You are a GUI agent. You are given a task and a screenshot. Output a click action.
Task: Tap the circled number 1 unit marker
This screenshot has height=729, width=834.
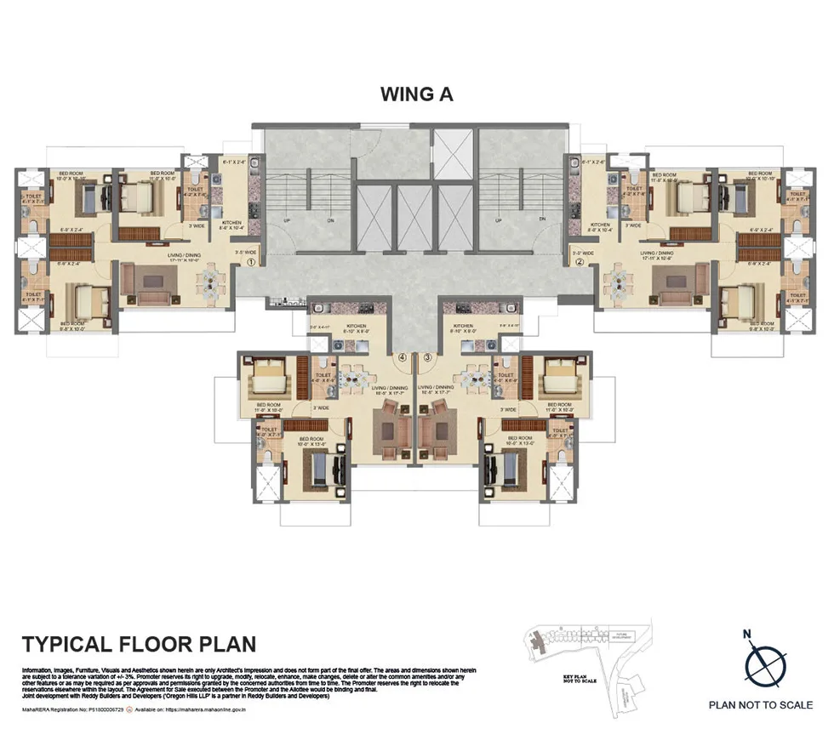252,263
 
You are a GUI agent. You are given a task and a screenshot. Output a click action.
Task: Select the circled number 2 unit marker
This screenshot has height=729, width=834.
580,263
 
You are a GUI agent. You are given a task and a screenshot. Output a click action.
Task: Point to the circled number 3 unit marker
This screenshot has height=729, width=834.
429,357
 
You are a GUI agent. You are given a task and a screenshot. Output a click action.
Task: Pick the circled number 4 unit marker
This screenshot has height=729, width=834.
403,357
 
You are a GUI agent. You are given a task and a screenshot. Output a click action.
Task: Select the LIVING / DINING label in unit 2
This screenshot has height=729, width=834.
657,253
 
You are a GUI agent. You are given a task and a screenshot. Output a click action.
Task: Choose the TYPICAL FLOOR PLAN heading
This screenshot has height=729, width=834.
139,644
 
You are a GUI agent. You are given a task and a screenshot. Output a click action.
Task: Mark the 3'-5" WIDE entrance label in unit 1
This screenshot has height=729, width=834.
246,252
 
